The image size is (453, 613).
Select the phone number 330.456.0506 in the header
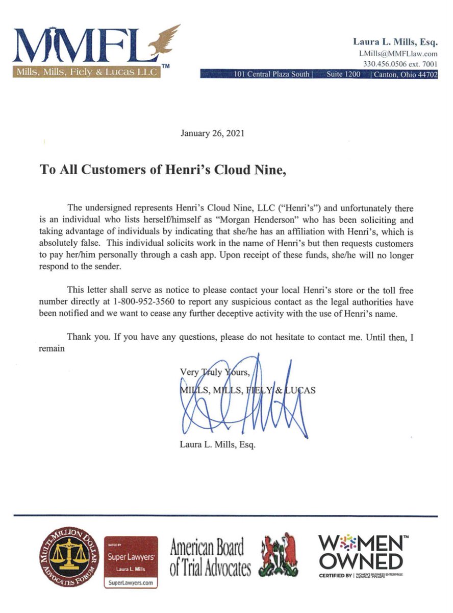(x=384, y=64)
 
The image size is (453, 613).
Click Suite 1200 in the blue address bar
(x=343, y=74)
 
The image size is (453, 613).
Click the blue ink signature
(x=245, y=404)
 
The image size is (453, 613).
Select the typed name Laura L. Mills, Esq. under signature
(x=217, y=444)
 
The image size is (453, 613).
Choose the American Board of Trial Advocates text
(x=210, y=558)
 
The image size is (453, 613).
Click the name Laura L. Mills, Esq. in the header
(x=395, y=42)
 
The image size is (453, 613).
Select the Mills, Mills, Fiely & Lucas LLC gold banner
(x=87, y=71)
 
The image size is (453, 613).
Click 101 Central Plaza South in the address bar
(x=271, y=74)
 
